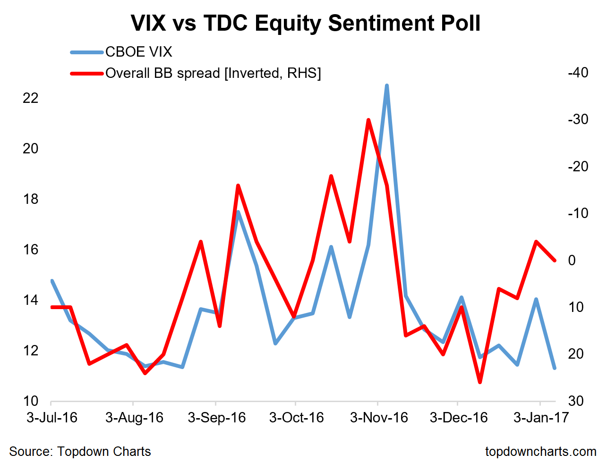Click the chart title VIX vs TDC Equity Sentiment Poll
[x=305, y=24]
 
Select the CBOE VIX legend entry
[x=138, y=52]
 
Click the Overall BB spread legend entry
[x=213, y=73]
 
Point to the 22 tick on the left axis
[x=31, y=98]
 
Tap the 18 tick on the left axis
[x=31, y=199]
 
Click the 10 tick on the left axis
[x=31, y=401]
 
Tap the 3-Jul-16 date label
[x=52, y=418]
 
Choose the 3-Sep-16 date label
[x=217, y=418]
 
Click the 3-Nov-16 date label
[x=379, y=418]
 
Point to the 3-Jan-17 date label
[x=541, y=418]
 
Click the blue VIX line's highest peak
[x=387, y=86]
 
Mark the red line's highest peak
[x=368, y=120]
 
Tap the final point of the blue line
[x=555, y=368]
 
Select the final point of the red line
[x=555, y=260]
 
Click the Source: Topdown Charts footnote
[x=80, y=452]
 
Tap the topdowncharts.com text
[x=540, y=452]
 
